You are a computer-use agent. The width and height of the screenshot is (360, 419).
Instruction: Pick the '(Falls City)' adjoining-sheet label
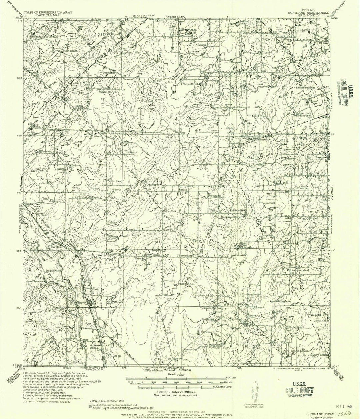point(177,17)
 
